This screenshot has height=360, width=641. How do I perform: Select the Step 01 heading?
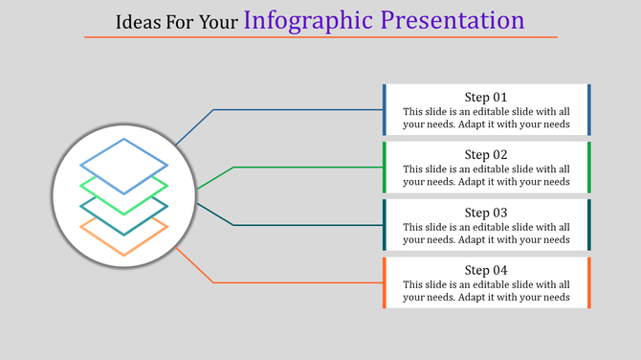tap(486, 97)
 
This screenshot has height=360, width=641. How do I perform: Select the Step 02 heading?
tap(486, 154)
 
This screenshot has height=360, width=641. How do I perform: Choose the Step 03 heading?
tap(486, 212)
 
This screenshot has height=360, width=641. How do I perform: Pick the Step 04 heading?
tap(486, 269)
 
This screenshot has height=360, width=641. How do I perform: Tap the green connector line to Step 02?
tap(306, 168)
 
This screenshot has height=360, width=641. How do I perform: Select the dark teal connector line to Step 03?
tap(306, 225)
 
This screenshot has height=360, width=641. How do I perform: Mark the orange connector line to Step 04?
tap(297, 282)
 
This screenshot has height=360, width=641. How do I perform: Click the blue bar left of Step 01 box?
tap(385, 110)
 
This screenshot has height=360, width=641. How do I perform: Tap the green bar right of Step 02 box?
tap(588, 168)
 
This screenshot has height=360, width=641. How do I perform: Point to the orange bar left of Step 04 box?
tap(385, 282)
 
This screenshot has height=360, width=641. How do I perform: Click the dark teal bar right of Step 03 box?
tap(588, 225)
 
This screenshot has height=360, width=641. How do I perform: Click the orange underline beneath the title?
tap(320, 37)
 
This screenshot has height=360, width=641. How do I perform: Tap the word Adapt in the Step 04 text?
tap(493, 297)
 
